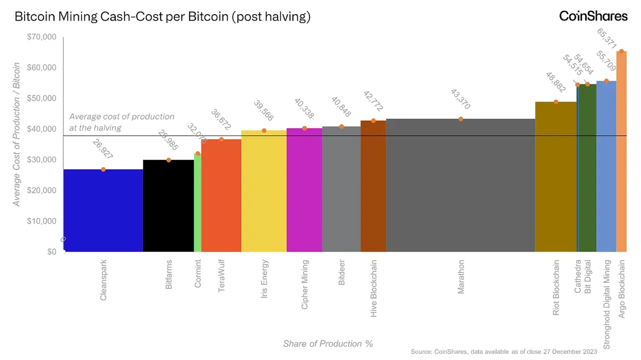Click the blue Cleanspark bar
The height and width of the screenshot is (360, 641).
coord(103,210)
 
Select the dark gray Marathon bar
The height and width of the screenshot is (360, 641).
coord(461,185)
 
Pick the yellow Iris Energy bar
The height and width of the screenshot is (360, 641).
coord(264,190)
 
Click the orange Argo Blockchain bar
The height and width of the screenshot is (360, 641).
coord(621,150)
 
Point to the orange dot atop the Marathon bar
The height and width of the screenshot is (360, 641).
coord(461,119)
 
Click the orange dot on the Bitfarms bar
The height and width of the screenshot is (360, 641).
coord(169,160)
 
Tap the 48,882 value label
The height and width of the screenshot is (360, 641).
coord(555,82)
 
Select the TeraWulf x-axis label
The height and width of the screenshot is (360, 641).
coord(221,275)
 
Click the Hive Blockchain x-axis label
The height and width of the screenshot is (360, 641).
coord(374,288)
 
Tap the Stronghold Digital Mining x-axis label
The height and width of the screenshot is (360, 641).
coord(607,304)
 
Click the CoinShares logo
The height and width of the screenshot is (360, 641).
coord(593,16)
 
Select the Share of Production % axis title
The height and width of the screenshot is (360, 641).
coord(328,343)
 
